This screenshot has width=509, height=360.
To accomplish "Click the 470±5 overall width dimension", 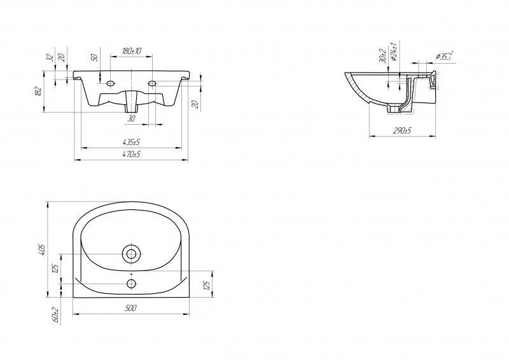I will coord(131,155).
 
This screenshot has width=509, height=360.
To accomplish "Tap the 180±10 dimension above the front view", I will coord(132,50).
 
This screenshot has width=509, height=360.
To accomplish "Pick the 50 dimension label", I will coord(94,57).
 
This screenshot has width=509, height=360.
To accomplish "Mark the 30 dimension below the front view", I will coord(132,118).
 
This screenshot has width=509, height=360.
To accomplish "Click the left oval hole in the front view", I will coord(110,84).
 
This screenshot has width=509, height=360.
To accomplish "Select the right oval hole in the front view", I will coord(153,84).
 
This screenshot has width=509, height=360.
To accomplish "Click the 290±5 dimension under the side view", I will coord(402,131).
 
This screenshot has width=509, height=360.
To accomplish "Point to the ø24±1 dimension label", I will coord(394,50).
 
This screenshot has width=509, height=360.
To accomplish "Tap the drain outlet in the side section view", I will coord(400,109).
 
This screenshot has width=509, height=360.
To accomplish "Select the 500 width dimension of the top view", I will coord(131,308).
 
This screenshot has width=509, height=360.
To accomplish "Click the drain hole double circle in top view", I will coord(132,254).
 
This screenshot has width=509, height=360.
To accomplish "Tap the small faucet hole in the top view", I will coord(132,283).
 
